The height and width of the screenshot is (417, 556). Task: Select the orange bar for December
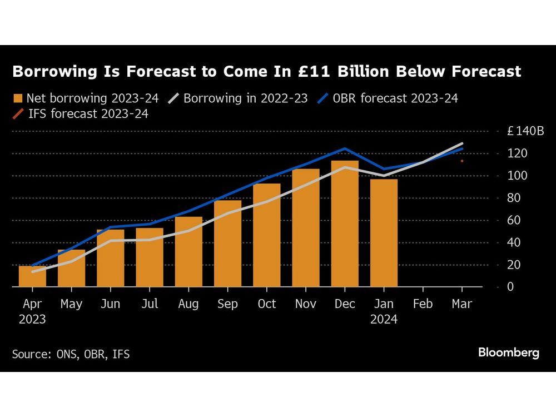[345, 224]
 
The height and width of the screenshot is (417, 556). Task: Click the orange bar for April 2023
[32, 276]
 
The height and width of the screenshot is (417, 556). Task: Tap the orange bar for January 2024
[384, 233]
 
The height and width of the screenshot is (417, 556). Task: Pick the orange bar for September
[227, 244]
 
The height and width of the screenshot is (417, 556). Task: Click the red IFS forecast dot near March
[462, 161]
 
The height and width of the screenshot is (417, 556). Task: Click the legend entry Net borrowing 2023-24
[86, 99]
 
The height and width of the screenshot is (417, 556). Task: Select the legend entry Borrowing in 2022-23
[240, 99]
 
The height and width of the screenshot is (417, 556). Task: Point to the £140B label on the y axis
[525, 132]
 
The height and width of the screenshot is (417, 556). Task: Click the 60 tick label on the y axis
[513, 220]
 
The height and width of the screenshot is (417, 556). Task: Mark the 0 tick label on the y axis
[509, 287]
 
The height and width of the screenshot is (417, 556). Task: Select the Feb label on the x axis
[423, 304]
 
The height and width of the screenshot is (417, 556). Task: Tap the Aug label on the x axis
[188, 304]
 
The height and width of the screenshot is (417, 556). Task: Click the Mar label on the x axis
[462, 304]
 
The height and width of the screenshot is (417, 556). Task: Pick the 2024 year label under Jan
[384, 320]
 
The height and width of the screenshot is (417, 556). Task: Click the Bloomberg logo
[509, 353]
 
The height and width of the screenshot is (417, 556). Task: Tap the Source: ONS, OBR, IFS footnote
[71, 354]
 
